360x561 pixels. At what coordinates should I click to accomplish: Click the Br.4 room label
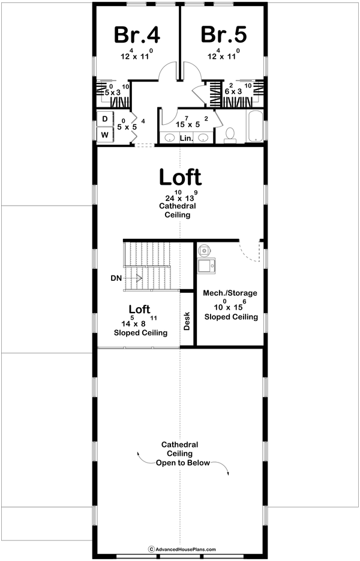pos(137,35)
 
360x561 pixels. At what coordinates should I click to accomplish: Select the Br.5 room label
pos(224,35)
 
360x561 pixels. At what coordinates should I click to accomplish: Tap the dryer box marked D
pos(105,119)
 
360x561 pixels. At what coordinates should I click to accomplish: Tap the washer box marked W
pos(105,134)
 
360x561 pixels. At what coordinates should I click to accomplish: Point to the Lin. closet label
pos(186,138)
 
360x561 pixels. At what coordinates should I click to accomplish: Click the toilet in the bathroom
pos(229,136)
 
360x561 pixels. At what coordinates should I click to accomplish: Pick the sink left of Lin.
pos(169,138)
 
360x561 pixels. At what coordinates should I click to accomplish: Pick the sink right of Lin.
pos(203,138)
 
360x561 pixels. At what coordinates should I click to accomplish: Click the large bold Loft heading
pos(180,177)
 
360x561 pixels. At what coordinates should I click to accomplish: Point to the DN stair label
pos(116,278)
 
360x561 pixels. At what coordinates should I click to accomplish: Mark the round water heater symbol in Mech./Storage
pos(205,248)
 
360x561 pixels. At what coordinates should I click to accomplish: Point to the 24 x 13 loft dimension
pos(180,197)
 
